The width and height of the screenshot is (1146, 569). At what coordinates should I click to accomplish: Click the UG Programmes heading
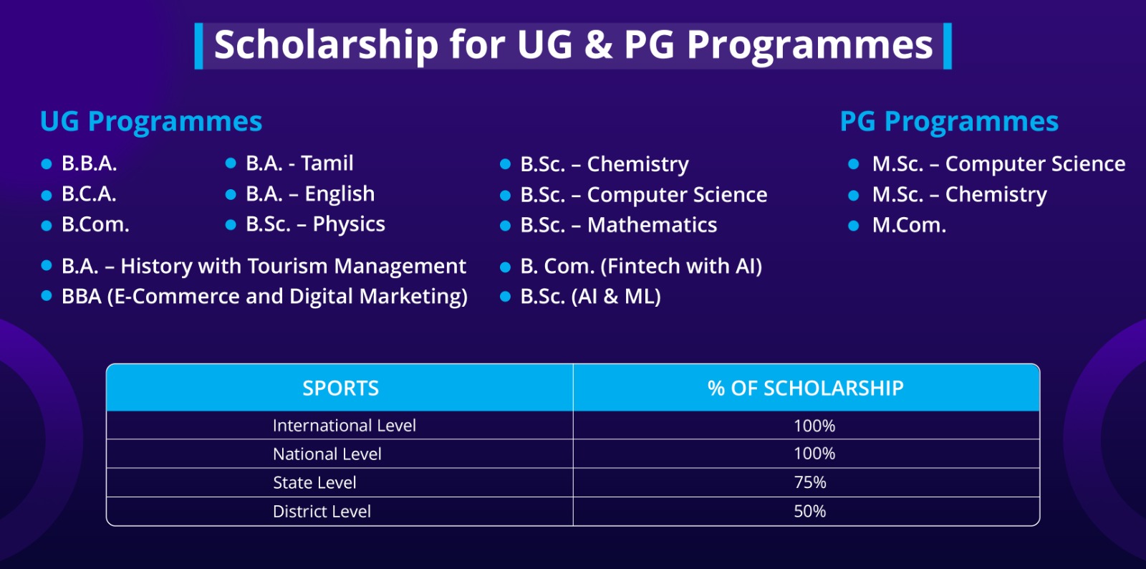[x=151, y=122]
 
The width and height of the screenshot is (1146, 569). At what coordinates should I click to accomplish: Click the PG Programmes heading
[x=950, y=122]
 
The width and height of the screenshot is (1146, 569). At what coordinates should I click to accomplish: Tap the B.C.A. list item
[x=89, y=194]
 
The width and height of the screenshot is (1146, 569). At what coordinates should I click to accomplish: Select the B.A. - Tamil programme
[x=299, y=163]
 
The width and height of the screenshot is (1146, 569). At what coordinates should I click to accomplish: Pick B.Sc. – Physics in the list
[x=315, y=224]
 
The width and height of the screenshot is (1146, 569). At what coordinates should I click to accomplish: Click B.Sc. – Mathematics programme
[x=619, y=225]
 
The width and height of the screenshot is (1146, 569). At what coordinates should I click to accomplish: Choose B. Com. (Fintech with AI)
[x=641, y=266]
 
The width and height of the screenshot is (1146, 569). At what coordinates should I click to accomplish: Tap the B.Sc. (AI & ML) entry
[x=590, y=296]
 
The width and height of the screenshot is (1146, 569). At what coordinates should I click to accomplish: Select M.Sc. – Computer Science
[x=998, y=163]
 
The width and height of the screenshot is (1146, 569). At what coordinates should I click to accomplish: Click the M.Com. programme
[x=909, y=225]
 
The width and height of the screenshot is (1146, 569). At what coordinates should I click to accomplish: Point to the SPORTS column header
[x=341, y=388]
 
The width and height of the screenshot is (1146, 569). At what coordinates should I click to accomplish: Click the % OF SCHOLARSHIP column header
[x=806, y=388]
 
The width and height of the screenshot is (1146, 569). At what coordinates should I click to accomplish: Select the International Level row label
[x=345, y=425]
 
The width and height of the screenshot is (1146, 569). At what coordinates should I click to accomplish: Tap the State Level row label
[x=314, y=482]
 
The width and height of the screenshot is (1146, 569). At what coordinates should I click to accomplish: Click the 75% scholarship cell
[x=810, y=482]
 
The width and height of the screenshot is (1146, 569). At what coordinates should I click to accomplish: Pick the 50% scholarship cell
[x=810, y=511]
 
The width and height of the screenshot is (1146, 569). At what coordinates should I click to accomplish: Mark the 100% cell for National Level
[x=814, y=454]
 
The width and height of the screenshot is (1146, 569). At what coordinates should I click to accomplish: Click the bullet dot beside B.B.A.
[x=47, y=164]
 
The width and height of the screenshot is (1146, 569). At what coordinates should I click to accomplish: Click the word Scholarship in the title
[x=327, y=45]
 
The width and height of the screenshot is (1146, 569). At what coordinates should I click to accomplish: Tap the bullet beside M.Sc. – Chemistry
[x=853, y=195]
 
